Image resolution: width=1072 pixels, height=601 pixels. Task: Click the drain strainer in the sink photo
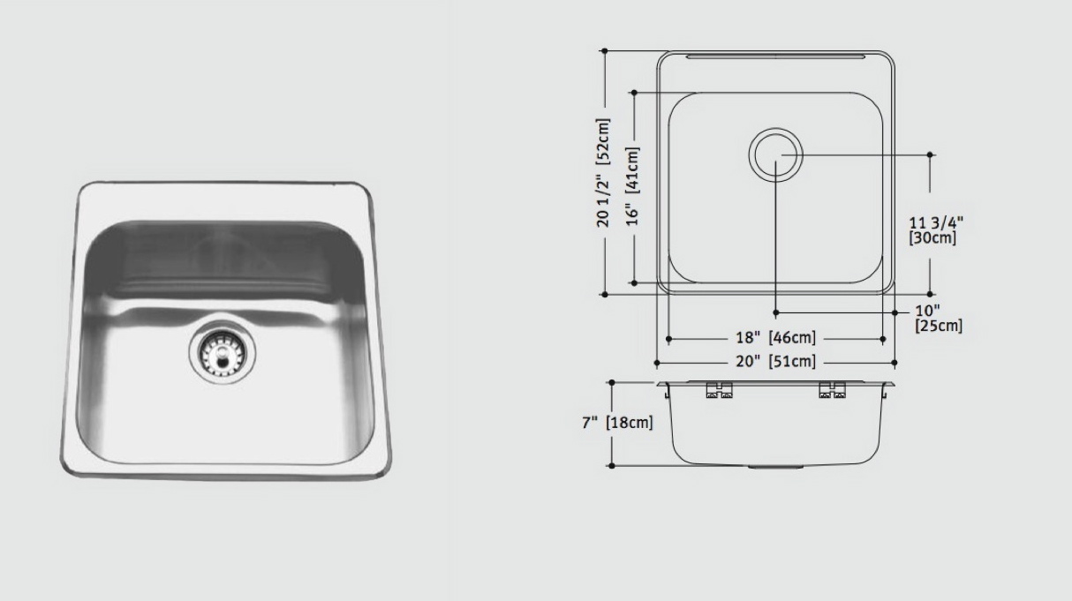[222, 353]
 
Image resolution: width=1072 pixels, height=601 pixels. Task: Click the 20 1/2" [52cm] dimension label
[603, 173]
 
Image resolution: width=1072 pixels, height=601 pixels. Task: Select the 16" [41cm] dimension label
[632, 186]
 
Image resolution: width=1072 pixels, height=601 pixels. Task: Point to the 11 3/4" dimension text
[936, 222]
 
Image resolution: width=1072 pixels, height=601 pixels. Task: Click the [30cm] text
[932, 238]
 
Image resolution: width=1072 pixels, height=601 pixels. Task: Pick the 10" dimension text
[927, 311]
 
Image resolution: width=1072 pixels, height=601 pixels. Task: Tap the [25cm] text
[939, 326]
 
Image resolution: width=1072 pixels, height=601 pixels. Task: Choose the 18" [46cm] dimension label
[776, 337]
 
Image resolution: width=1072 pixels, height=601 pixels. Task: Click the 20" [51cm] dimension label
[776, 362]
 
